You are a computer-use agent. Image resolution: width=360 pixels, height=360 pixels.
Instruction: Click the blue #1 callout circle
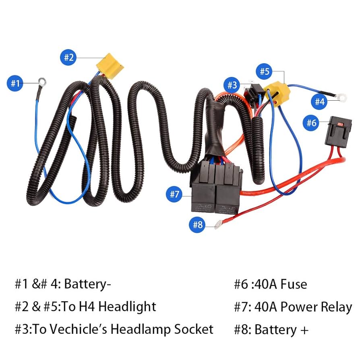[15, 84]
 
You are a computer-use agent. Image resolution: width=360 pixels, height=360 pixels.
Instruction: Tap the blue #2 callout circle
[69, 58]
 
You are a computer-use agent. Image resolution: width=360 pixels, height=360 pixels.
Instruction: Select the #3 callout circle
[232, 85]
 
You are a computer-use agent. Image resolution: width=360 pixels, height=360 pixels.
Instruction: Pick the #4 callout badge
[319, 102]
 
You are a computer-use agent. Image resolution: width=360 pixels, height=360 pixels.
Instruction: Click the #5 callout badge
[264, 72]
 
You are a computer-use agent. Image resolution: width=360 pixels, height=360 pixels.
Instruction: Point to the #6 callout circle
[311, 123]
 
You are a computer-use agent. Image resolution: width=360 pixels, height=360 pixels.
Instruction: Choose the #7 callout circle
[174, 194]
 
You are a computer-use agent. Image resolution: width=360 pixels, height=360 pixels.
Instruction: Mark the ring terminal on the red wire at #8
[218, 226]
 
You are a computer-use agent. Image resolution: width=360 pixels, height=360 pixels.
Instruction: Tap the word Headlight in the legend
[127, 307]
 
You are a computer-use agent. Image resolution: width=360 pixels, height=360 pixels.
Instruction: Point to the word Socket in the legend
[194, 329]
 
